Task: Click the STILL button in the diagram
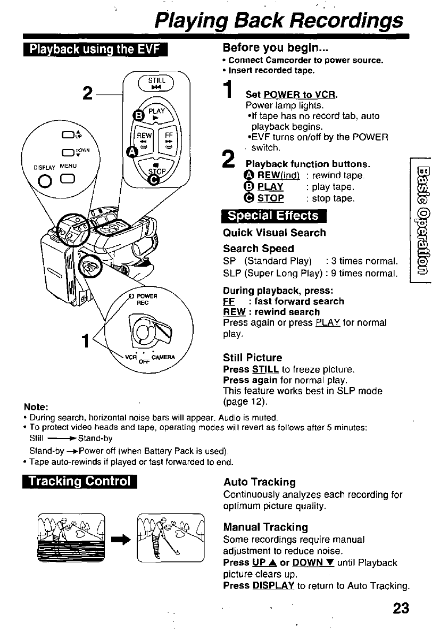(156, 82)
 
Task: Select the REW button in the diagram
(144, 140)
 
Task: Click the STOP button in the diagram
(156, 170)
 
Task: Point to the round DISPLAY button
(45, 181)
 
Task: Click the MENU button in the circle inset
(68, 179)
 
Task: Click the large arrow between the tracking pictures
(121, 540)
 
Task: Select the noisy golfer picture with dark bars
(71, 537)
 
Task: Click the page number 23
(401, 608)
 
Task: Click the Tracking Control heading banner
(80, 481)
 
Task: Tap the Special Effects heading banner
(273, 216)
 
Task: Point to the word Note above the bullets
(36, 407)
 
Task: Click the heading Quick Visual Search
(275, 233)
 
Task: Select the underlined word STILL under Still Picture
(265, 369)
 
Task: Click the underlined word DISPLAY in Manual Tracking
(273, 586)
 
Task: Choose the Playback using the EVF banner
(95, 49)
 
